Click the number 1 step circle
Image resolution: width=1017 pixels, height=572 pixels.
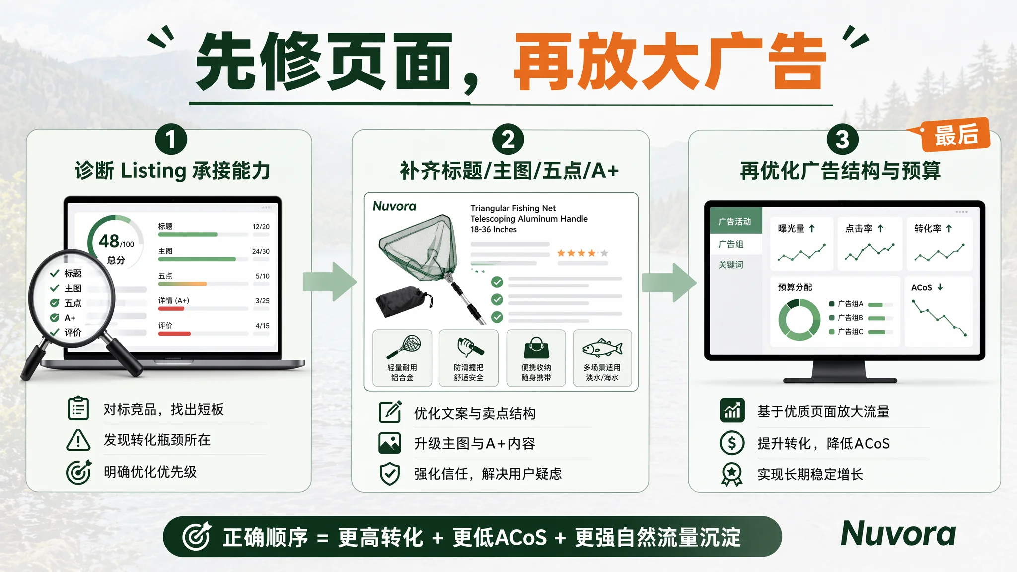click(171, 140)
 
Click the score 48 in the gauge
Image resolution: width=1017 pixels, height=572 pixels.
click(109, 241)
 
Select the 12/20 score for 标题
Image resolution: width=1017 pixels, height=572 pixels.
click(261, 227)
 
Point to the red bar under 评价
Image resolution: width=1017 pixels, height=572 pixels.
click(174, 334)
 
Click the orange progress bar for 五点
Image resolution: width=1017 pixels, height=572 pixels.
click(182, 284)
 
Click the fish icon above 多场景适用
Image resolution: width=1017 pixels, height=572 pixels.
click(602, 348)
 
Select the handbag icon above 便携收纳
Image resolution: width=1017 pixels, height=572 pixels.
click(536, 348)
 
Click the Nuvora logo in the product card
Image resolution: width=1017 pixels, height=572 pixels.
click(394, 206)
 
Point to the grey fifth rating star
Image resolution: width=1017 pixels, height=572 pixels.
click(604, 253)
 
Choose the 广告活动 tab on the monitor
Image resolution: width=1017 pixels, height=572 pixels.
click(735, 222)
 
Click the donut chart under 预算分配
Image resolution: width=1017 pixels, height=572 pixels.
click(799, 320)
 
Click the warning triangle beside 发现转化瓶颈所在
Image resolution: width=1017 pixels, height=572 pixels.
click(78, 440)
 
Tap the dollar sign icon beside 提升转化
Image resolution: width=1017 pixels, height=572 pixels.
click(732, 443)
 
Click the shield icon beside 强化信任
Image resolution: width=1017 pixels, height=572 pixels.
click(390, 474)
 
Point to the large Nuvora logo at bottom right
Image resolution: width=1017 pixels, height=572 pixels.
click(898, 534)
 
